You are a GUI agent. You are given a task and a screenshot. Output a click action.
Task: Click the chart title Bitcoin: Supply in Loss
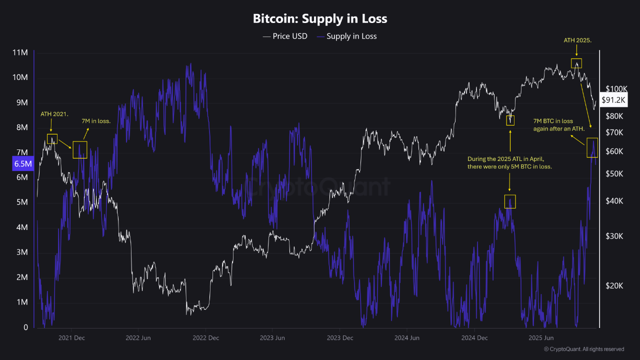320,19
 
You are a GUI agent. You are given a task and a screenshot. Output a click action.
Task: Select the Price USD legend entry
285,36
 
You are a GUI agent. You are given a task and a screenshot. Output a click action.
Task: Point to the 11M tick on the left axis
19,52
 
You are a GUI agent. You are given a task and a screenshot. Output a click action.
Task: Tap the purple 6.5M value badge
23,163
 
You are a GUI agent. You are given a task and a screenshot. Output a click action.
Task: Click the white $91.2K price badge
613,100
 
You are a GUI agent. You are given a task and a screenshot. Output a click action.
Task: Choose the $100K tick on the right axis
616,88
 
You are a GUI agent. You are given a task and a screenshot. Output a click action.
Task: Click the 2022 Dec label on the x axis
206,338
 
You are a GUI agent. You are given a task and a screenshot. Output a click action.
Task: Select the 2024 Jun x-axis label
407,338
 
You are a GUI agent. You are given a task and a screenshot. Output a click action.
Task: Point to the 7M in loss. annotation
96,121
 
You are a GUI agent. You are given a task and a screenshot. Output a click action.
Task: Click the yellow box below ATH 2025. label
576,63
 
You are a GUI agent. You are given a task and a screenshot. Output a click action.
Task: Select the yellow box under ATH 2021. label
52,139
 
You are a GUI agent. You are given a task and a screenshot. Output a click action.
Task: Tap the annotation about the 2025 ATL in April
512,162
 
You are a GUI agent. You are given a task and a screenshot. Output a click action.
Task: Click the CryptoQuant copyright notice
584,349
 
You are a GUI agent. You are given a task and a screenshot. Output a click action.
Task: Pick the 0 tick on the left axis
25,327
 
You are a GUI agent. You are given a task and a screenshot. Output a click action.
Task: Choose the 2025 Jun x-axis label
541,338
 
